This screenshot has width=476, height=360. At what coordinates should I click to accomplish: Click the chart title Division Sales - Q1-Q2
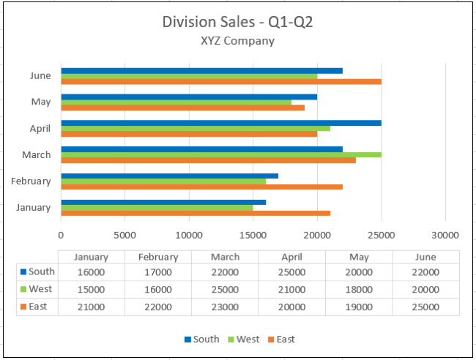pos(238,22)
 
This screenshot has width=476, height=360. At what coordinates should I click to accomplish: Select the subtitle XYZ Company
pos(238,41)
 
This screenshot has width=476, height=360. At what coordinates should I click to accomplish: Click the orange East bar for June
pos(220,81)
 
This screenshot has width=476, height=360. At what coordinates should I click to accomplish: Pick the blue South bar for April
pos(220,123)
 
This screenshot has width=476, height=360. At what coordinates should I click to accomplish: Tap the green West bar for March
pos(220,154)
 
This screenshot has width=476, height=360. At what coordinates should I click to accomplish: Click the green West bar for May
pos(176,102)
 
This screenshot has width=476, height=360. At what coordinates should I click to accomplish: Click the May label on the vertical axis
pos(41,102)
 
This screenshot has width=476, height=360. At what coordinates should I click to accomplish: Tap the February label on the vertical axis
pos(31,181)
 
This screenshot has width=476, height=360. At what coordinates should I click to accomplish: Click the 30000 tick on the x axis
pos(445,236)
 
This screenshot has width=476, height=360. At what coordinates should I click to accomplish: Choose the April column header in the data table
pos(291,257)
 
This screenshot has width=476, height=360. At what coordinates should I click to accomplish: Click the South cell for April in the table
pos(291,272)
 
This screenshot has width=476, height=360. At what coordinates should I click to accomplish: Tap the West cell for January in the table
pos(91,290)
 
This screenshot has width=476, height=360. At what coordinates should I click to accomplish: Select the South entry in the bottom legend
pos(201,339)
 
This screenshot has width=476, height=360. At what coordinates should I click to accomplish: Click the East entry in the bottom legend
pos(280,339)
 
